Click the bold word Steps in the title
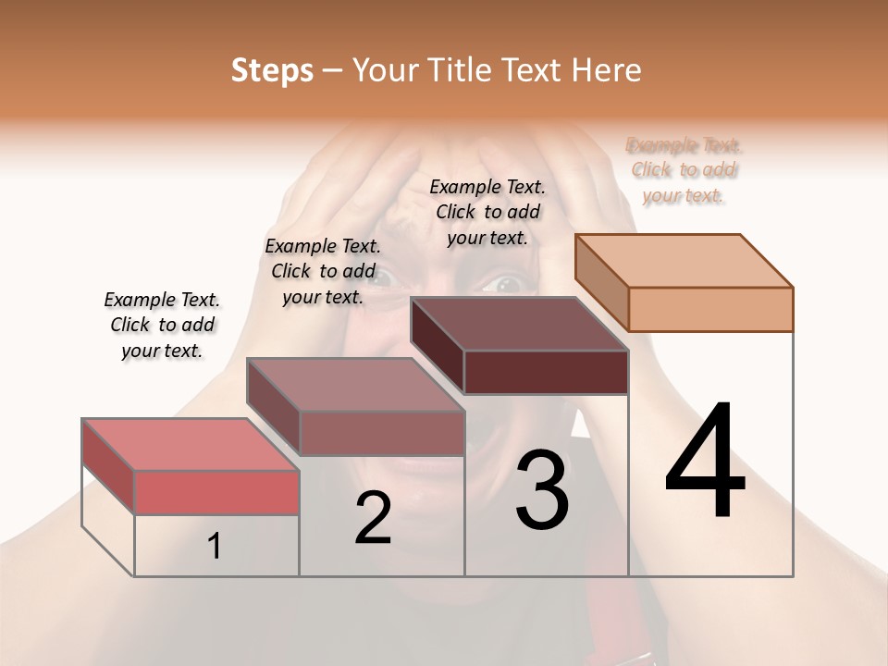click(x=272, y=70)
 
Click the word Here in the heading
click(x=607, y=70)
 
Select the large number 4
click(x=705, y=462)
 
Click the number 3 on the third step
click(x=541, y=490)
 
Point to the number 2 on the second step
click(x=373, y=518)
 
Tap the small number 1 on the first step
click(x=215, y=546)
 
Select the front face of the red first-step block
click(x=216, y=492)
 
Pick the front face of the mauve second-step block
click(x=382, y=433)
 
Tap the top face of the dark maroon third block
click(x=519, y=324)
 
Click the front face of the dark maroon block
click(x=546, y=372)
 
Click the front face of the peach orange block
click(x=710, y=309)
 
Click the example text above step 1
click(x=162, y=325)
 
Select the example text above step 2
click(x=323, y=271)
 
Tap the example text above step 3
click(x=487, y=212)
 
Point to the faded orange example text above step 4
click(x=684, y=169)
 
